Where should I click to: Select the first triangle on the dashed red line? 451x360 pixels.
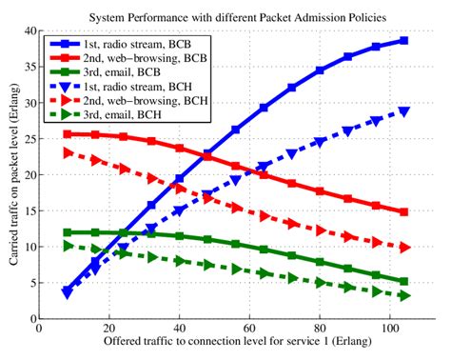click(x=67, y=152)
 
